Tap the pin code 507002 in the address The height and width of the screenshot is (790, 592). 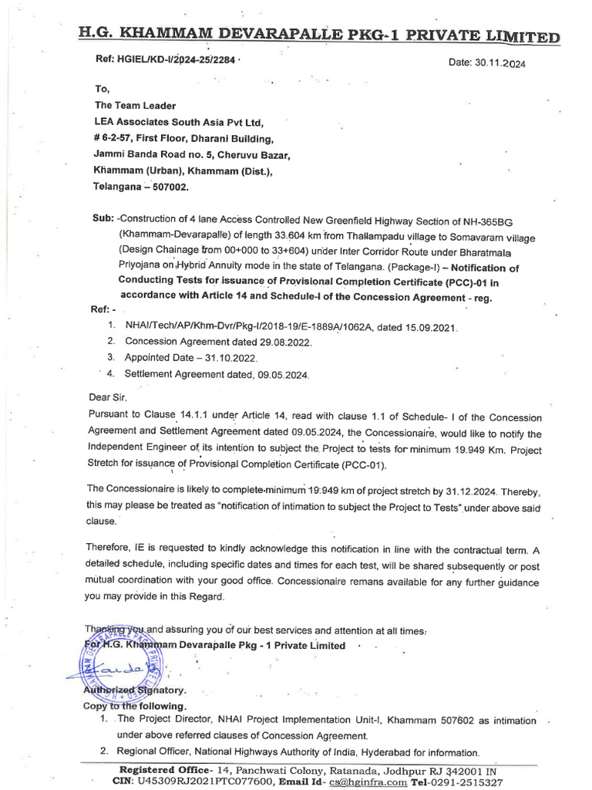pos(167,187)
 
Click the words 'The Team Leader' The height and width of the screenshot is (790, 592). pos(135,106)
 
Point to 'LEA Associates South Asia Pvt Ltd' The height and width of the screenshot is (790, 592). pos(179,122)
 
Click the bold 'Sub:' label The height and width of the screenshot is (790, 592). pos(103,219)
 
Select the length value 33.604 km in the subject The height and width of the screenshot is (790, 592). pos(268,236)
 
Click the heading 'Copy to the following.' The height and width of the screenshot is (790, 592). pos(134,706)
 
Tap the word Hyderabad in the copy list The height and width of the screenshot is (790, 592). pos(373,752)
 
